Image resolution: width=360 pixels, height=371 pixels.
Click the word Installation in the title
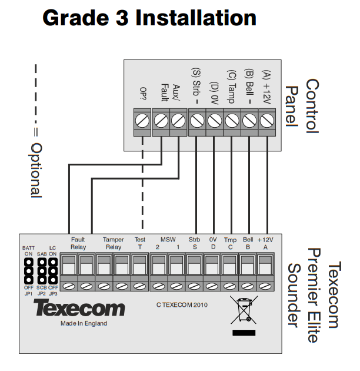pyautogui.click(x=196, y=18)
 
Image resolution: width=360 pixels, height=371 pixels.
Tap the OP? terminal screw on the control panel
pyautogui.click(x=142, y=121)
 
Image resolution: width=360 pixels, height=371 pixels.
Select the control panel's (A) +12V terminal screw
pyautogui.click(x=267, y=121)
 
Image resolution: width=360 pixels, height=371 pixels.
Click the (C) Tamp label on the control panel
pyautogui.click(x=231, y=87)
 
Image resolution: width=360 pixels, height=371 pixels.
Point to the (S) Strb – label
pyautogui.click(x=196, y=86)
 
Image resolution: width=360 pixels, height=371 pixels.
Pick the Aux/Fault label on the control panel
pyautogui.click(x=171, y=92)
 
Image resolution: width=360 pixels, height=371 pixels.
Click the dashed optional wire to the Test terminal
pyautogui.click(x=142, y=183)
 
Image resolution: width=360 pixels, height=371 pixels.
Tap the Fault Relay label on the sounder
pyautogui.click(x=78, y=243)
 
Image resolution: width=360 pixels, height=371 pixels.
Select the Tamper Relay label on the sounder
pyautogui.click(x=114, y=243)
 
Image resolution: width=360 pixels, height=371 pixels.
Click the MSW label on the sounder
pyautogui.click(x=168, y=240)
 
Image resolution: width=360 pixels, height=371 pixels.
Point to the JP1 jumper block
pyautogui.click(x=29, y=271)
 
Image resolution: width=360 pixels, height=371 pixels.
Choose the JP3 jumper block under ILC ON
pyautogui.click(x=53, y=271)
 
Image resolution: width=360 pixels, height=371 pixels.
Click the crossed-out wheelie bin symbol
pyautogui.click(x=244, y=310)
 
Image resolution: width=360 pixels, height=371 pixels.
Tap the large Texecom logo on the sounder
pyautogui.click(x=79, y=307)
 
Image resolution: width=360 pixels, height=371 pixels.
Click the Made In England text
pyautogui.click(x=84, y=323)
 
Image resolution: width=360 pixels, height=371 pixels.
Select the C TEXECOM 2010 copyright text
pyautogui.click(x=182, y=305)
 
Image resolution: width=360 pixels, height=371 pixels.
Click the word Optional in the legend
pyautogui.click(x=36, y=170)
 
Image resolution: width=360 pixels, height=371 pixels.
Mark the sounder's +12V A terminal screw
pyautogui.click(x=265, y=287)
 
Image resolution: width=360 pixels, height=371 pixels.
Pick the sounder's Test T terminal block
pyautogui.click(x=139, y=271)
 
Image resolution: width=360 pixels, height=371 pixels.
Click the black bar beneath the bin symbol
pyautogui.click(x=244, y=333)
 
